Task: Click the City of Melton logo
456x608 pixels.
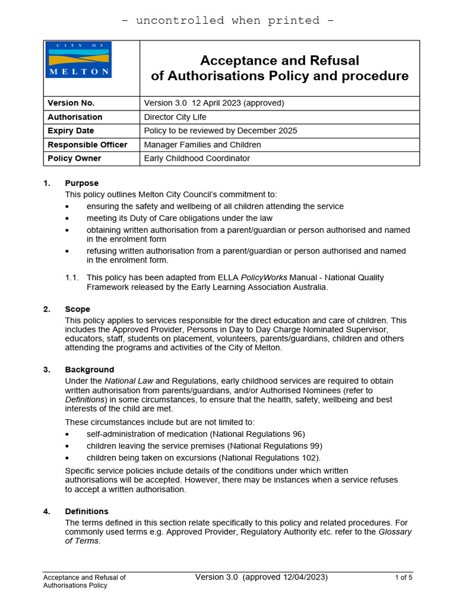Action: tap(78, 59)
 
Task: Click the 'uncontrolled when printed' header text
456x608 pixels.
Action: tap(227, 20)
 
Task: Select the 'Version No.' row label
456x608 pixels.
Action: tap(71, 103)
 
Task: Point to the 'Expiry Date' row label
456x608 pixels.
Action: tap(71, 131)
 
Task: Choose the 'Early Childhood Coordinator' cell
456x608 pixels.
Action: tap(197, 159)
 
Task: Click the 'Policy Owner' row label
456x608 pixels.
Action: tap(74, 159)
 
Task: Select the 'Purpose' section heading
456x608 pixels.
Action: tap(82, 183)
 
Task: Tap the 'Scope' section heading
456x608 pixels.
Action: tap(77, 309)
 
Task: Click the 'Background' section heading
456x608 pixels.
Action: tap(89, 369)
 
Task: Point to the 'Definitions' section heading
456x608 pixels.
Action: tap(87, 511)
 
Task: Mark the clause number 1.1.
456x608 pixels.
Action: tap(71, 277)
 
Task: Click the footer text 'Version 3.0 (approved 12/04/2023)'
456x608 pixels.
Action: tap(261, 577)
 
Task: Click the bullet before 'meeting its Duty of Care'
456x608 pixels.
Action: tap(67, 218)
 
